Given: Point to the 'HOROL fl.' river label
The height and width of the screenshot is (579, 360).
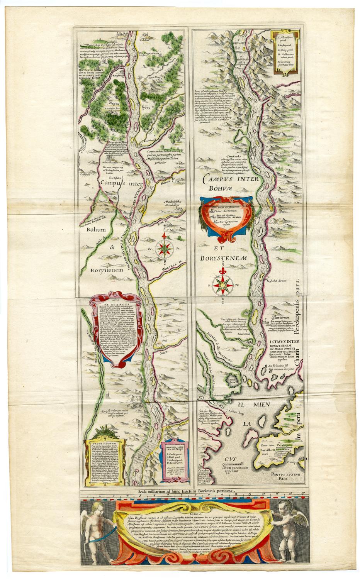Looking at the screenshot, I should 167,179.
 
